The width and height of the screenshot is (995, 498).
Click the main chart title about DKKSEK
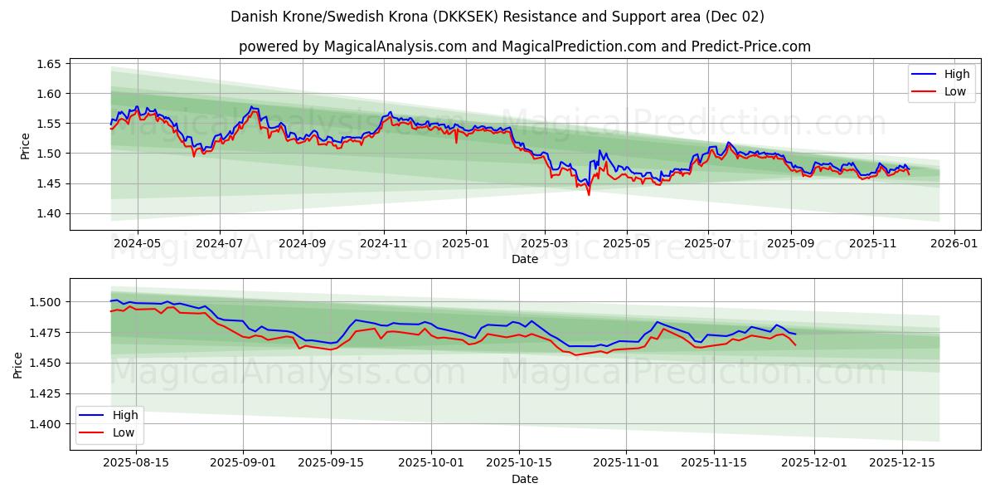click(x=498, y=17)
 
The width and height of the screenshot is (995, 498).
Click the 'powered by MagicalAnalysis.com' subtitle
click(x=525, y=46)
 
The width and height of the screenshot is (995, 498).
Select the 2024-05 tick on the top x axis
click(x=137, y=244)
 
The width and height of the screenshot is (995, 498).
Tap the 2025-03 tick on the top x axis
click(x=545, y=244)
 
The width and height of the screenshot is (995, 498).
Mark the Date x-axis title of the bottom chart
click(x=525, y=479)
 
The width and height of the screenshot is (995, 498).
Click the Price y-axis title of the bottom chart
click(x=18, y=364)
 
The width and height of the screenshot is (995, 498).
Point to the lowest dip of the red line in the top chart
click(x=589, y=194)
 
